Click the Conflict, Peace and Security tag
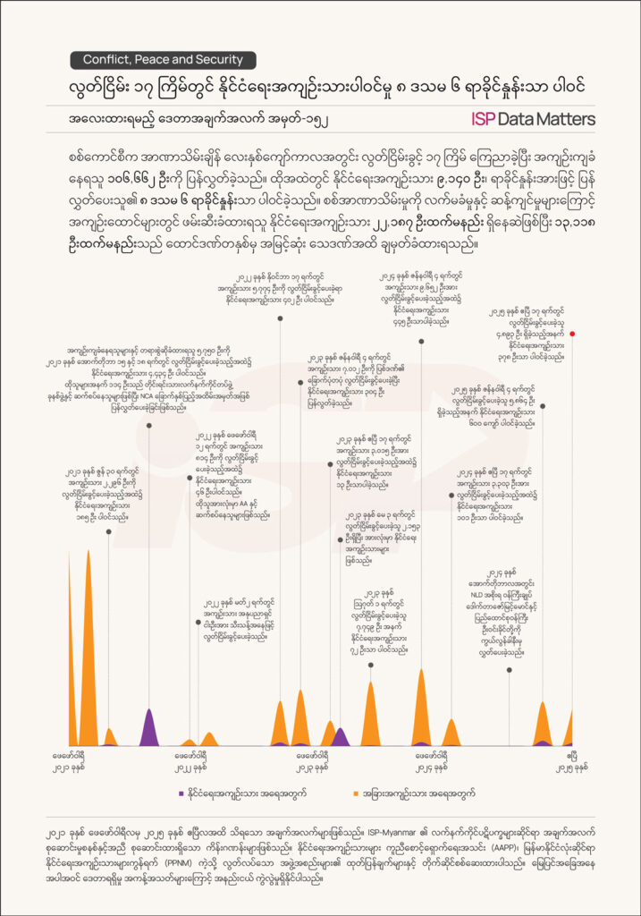click(163, 60)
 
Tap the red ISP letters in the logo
click(487, 118)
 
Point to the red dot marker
click(572, 334)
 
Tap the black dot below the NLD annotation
click(510, 669)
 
